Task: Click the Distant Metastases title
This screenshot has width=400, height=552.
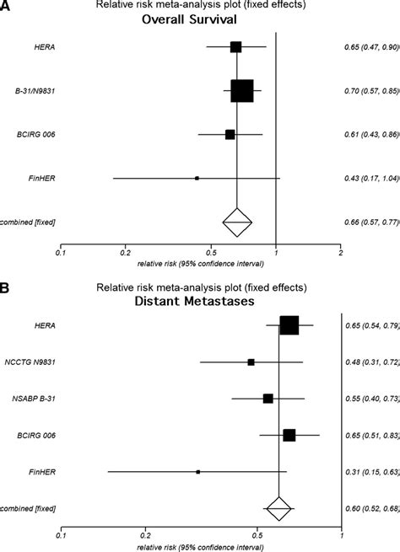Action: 199,300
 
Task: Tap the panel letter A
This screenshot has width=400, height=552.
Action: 6,7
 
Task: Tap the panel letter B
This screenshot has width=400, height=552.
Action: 6,287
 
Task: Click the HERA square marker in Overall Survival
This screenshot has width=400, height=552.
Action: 235,47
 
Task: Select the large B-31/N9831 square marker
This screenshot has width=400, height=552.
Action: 242,90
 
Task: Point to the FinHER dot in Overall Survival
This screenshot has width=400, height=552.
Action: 197,179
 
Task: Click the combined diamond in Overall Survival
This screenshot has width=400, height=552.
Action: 237,222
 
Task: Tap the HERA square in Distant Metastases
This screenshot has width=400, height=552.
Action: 289,325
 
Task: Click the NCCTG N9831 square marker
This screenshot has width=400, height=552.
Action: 251,362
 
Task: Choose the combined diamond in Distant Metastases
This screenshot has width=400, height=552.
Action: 278,507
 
